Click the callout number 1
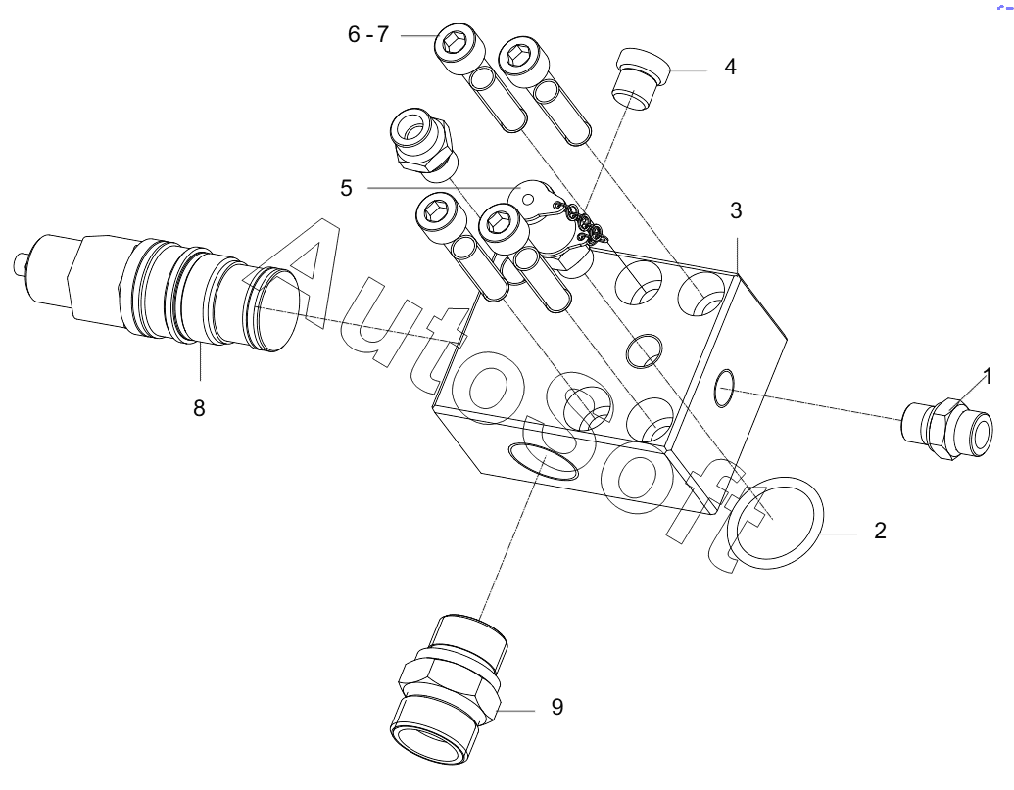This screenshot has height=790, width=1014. [988, 375]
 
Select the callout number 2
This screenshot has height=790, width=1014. [880, 532]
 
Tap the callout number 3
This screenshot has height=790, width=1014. [736, 210]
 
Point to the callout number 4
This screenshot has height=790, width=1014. [730, 68]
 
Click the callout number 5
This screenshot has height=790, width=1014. [346, 187]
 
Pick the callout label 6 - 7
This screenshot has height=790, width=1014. [368, 35]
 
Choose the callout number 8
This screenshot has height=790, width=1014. [199, 408]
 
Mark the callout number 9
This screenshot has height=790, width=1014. [556, 707]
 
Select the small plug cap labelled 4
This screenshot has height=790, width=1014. [638, 79]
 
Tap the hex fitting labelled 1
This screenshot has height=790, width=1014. [948, 429]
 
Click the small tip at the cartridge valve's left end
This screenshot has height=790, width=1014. [18, 264]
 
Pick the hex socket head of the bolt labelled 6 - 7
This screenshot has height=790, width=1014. [454, 44]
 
